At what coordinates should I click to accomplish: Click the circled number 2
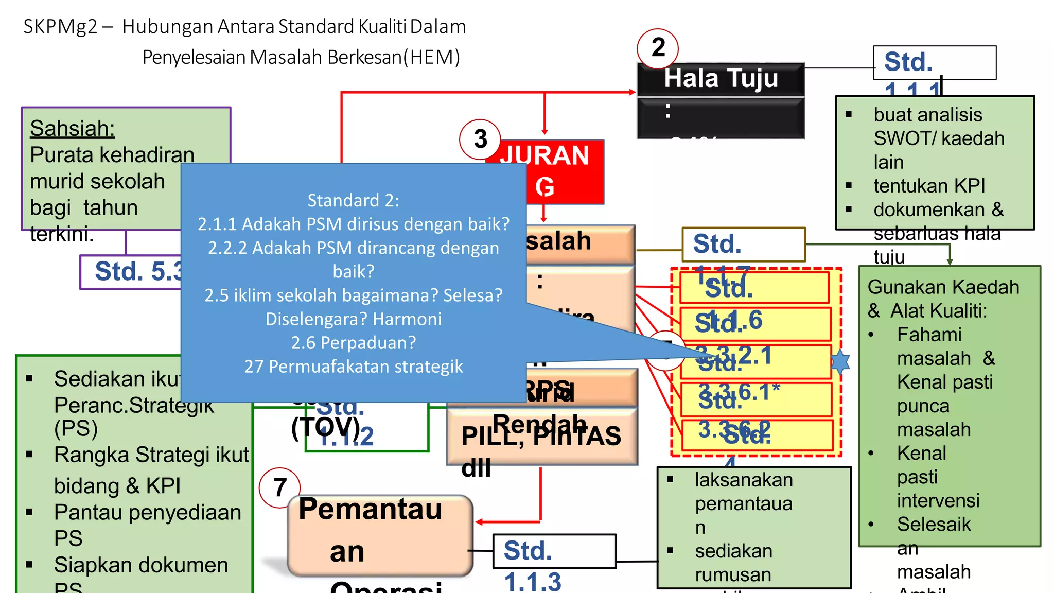tap(657, 48)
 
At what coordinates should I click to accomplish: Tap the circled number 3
tap(480, 139)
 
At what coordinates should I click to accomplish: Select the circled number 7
tap(279, 487)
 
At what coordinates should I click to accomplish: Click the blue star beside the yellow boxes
tap(840, 361)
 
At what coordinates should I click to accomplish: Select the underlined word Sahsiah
tap(72, 128)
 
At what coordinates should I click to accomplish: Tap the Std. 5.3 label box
tap(131, 272)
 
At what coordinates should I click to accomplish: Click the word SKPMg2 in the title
tap(60, 27)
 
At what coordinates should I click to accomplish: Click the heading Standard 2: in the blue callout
tap(353, 200)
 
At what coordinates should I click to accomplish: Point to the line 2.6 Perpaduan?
tap(353, 342)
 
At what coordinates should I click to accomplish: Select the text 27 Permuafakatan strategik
tap(353, 366)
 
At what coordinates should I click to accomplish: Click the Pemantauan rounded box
tap(380, 535)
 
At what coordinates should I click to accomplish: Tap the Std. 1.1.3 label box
tap(554, 551)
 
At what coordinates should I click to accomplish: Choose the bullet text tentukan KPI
tap(929, 186)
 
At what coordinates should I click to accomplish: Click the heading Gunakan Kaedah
tap(943, 287)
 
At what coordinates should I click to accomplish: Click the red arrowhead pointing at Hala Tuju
tap(633, 92)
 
